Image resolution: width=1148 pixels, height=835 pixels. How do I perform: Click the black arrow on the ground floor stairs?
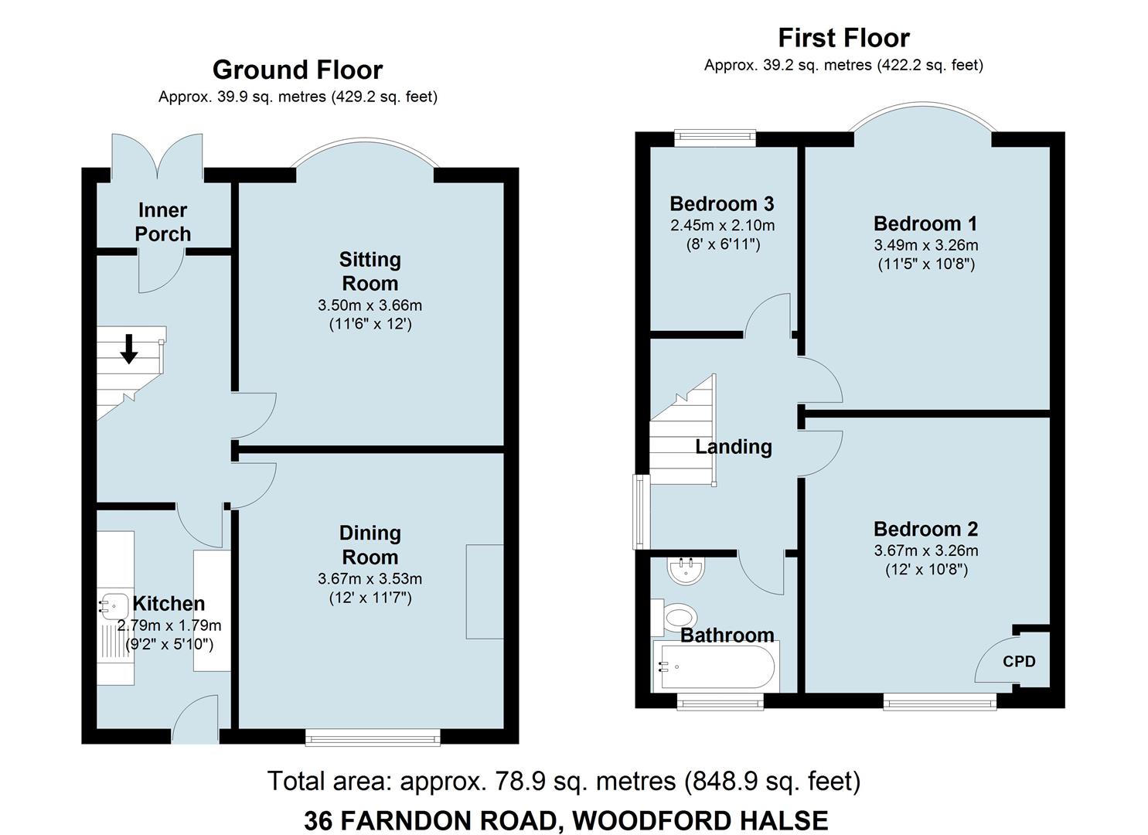click(x=128, y=349)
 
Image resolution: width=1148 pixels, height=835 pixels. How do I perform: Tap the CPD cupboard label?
click(x=1019, y=662)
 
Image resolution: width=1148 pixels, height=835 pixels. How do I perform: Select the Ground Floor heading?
click(x=298, y=70)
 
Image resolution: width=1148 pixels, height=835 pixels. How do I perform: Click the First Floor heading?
click(x=843, y=38)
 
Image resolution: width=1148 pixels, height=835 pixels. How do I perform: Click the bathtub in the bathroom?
click(x=717, y=666)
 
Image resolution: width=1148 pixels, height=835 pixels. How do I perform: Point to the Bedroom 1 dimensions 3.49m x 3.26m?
click(x=926, y=245)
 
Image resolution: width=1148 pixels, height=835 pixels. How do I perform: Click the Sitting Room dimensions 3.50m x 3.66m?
click(x=370, y=305)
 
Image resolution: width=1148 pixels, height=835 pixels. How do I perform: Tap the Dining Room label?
click(x=370, y=545)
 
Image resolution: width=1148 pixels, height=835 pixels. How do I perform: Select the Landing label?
click(x=734, y=447)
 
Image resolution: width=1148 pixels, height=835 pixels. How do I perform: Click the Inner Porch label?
click(x=163, y=222)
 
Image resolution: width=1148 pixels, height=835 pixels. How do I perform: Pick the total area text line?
click(x=564, y=781)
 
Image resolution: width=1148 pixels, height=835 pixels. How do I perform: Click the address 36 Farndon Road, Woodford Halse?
click(x=566, y=820)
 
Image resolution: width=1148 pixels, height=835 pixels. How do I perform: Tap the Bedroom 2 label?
click(x=926, y=529)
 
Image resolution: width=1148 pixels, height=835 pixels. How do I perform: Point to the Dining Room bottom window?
click(x=373, y=738)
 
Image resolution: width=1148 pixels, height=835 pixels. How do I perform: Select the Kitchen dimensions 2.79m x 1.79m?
click(x=169, y=626)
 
